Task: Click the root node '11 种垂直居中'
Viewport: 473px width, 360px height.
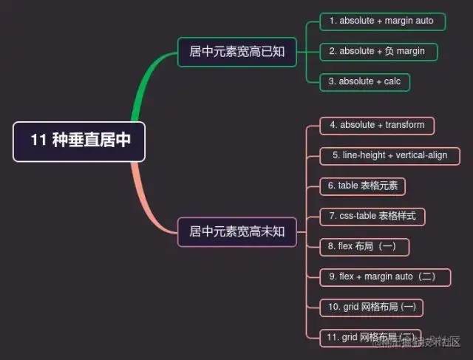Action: pyautogui.click(x=79, y=140)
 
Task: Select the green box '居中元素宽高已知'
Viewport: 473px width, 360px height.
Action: pyautogui.click(x=236, y=52)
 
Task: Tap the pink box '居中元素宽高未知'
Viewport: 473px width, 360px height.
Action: pyautogui.click(x=236, y=231)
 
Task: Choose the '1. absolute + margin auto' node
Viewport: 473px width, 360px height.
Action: pyautogui.click(x=382, y=21)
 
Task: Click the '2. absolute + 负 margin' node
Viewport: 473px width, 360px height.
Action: pyautogui.click(x=378, y=52)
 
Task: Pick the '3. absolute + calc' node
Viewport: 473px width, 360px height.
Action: pyautogui.click(x=365, y=81)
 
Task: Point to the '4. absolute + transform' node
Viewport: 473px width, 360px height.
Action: pyautogui.click(x=377, y=126)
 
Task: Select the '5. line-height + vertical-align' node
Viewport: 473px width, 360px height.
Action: pyautogui.click(x=390, y=156)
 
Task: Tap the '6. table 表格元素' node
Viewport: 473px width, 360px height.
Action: pyautogui.click(x=362, y=186)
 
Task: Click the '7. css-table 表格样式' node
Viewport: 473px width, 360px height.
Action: pyautogui.click(x=372, y=217)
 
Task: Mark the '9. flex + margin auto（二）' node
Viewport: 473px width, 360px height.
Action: pyautogui.click(x=387, y=276)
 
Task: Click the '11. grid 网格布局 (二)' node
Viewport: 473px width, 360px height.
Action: pyautogui.click(x=371, y=338)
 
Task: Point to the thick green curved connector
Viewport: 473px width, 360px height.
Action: pyautogui.click(x=144, y=89)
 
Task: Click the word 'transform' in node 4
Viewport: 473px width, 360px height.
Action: pyautogui.click(x=404, y=126)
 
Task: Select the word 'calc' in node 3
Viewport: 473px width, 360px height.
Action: pyautogui.click(x=392, y=81)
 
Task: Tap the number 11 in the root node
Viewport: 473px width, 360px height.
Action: pyautogui.click(x=38, y=140)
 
